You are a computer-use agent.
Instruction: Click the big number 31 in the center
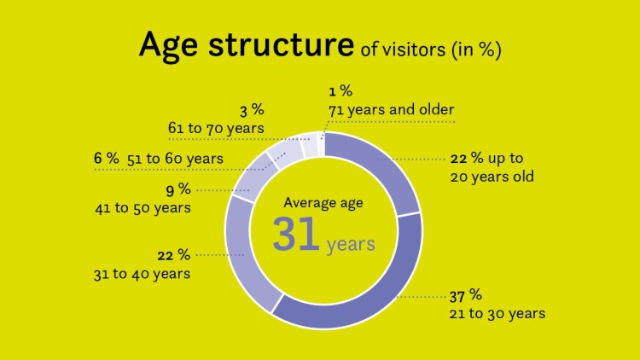click(296, 235)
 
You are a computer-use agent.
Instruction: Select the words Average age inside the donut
click(324, 203)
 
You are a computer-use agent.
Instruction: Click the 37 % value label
click(466, 295)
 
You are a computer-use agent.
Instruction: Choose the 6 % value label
click(107, 158)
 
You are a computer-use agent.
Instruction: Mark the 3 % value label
click(251, 110)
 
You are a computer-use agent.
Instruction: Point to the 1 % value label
click(339, 91)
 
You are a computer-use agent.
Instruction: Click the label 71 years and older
click(392, 109)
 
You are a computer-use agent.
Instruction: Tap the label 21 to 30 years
click(497, 314)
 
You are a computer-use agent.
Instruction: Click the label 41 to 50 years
click(142, 207)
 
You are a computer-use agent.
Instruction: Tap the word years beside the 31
click(351, 245)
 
